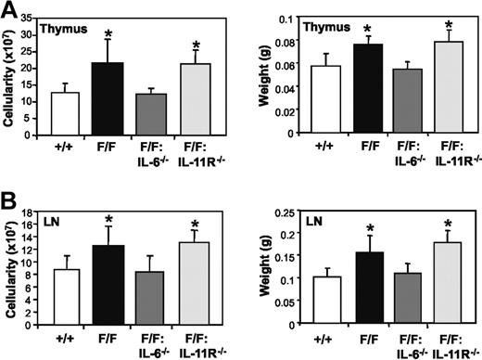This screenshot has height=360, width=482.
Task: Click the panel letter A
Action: pos(10,10)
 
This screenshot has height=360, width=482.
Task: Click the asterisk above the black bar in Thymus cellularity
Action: pos(108,35)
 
